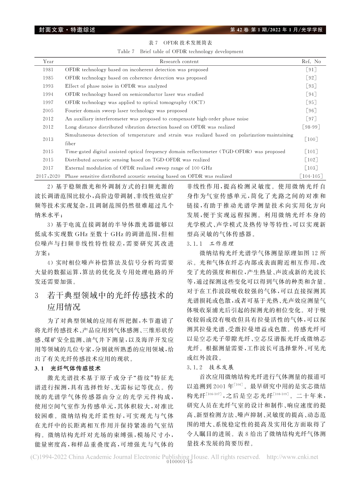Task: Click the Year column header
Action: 48,62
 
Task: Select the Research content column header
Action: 179,62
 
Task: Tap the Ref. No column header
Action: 311,62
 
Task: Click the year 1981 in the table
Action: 48,70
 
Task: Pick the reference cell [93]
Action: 311,86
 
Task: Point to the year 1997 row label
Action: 48,103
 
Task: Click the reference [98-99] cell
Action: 311,127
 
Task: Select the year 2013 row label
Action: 48,139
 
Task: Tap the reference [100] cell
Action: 311,139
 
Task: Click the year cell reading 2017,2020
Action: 48,176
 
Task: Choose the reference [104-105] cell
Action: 311,176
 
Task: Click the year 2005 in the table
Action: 48,111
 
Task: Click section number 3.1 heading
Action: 39,368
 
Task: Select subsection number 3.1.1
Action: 195,243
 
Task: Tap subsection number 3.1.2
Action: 195,367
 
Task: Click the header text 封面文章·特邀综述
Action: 65,30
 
